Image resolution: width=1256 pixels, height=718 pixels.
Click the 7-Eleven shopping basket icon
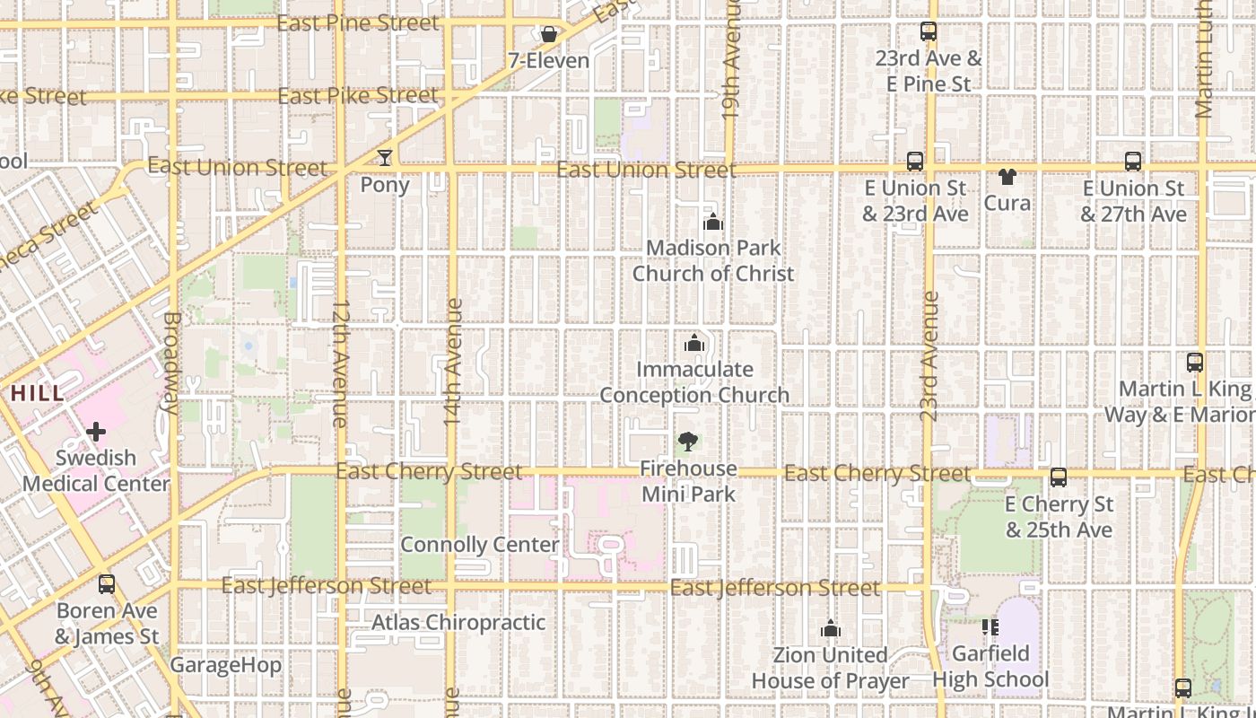pyautogui.click(x=549, y=34)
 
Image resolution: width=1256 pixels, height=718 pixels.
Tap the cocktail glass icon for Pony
pyautogui.click(x=385, y=158)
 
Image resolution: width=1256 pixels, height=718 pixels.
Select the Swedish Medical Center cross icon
pyautogui.click(x=96, y=433)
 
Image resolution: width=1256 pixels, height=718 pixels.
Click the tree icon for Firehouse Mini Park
pyautogui.click(x=688, y=442)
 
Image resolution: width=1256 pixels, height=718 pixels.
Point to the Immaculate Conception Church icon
pyautogui.click(x=693, y=343)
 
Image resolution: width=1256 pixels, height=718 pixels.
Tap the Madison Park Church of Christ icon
pyautogui.click(x=713, y=222)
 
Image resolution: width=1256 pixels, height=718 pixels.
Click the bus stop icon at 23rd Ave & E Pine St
pyautogui.click(x=929, y=32)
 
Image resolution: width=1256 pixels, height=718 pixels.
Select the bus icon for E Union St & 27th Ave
pyautogui.click(x=1133, y=162)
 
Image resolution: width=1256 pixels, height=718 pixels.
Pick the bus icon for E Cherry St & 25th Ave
pyautogui.click(x=1059, y=477)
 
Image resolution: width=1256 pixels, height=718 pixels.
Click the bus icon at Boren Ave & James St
pyautogui.click(x=107, y=584)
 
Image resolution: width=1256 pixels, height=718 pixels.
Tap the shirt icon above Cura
pyautogui.click(x=1007, y=176)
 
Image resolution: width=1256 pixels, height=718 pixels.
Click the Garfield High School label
pyautogui.click(x=990, y=666)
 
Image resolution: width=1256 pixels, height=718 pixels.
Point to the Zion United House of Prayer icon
pyautogui.click(x=831, y=629)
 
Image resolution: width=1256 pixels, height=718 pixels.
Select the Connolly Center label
pyautogui.click(x=479, y=545)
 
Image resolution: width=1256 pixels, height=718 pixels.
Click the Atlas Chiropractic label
pyautogui.click(x=458, y=622)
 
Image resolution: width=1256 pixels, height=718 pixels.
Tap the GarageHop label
pyautogui.click(x=225, y=665)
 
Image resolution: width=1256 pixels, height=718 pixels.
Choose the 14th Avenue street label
pyautogui.click(x=454, y=361)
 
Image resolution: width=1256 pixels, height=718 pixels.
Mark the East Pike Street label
pyautogui.click(x=358, y=95)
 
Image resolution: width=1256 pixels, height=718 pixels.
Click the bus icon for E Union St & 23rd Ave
pyautogui.click(x=915, y=162)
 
